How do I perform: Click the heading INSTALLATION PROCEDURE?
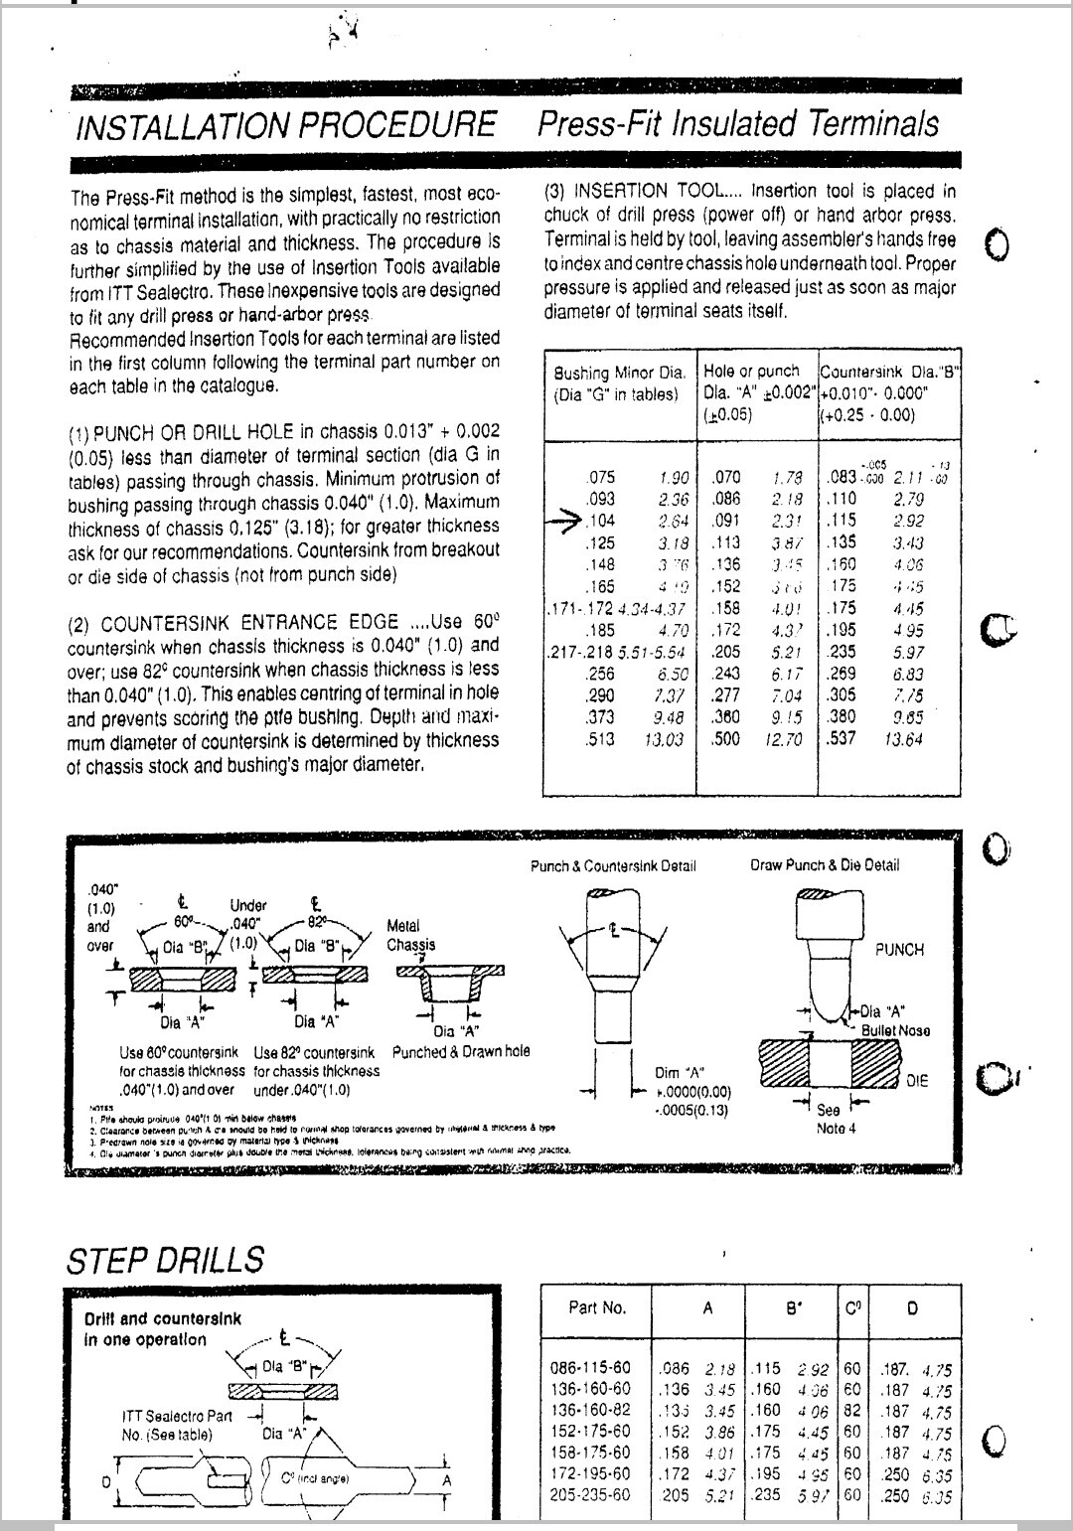click(285, 126)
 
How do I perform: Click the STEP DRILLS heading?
click(165, 1260)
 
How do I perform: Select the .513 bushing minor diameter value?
click(600, 739)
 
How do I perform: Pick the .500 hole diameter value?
click(726, 739)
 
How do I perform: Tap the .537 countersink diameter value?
click(841, 738)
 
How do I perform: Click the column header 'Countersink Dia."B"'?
click(889, 372)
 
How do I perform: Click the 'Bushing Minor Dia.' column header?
click(619, 374)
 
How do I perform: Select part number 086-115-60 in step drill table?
click(590, 1368)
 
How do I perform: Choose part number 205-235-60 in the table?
click(590, 1494)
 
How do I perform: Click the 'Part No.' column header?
click(597, 1307)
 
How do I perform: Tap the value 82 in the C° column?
click(851, 1411)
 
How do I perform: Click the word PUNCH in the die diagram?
click(899, 950)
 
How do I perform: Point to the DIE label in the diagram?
click(916, 1080)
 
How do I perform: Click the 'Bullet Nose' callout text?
click(895, 1030)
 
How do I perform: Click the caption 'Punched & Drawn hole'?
click(461, 1051)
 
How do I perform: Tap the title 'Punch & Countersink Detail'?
click(613, 865)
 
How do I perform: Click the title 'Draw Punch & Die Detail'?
click(824, 865)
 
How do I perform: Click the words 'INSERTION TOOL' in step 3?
click(656, 192)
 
